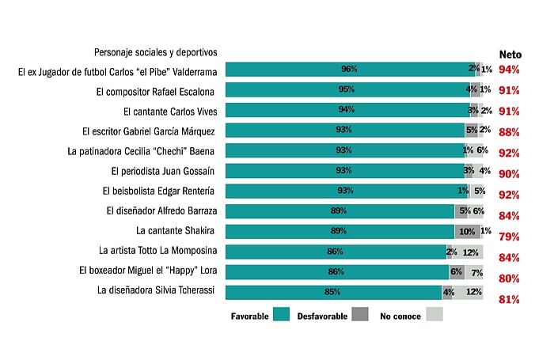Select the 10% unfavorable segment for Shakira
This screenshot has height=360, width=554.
tap(466, 231)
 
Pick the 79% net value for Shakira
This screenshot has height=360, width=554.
tap(509, 237)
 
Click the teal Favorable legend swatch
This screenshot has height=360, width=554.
tap(282, 315)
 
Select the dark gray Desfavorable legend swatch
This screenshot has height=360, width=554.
tap(361, 315)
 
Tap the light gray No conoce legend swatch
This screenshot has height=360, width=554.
tap(434, 315)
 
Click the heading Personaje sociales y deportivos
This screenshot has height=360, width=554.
tap(155, 52)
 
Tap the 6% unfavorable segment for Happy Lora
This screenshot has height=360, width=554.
tap(456, 271)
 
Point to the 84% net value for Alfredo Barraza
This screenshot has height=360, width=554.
tap(509, 216)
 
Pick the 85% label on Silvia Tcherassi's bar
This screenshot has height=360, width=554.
tap(332, 292)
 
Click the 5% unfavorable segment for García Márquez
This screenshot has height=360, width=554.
tap(471, 131)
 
